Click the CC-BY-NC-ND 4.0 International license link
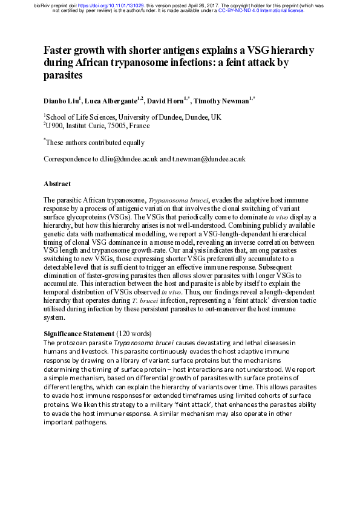[269, 10]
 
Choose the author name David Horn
[168, 99]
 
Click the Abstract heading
[57, 184]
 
